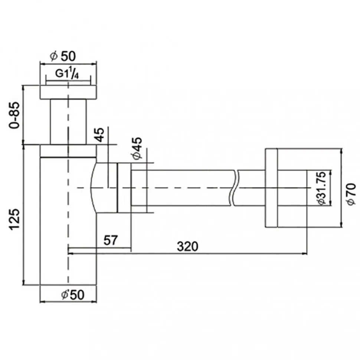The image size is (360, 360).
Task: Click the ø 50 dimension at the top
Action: pos(62,56)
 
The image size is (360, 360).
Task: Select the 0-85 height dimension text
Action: pos(14,115)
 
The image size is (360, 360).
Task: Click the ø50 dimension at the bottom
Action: pos(73,295)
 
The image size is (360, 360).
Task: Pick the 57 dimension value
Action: pos(111,240)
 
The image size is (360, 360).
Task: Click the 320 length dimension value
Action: pos(187,247)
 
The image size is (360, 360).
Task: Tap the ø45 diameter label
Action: pos(137,148)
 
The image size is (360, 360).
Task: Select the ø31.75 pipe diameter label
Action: pos(321,188)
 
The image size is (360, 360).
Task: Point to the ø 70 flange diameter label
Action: pos(351,194)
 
